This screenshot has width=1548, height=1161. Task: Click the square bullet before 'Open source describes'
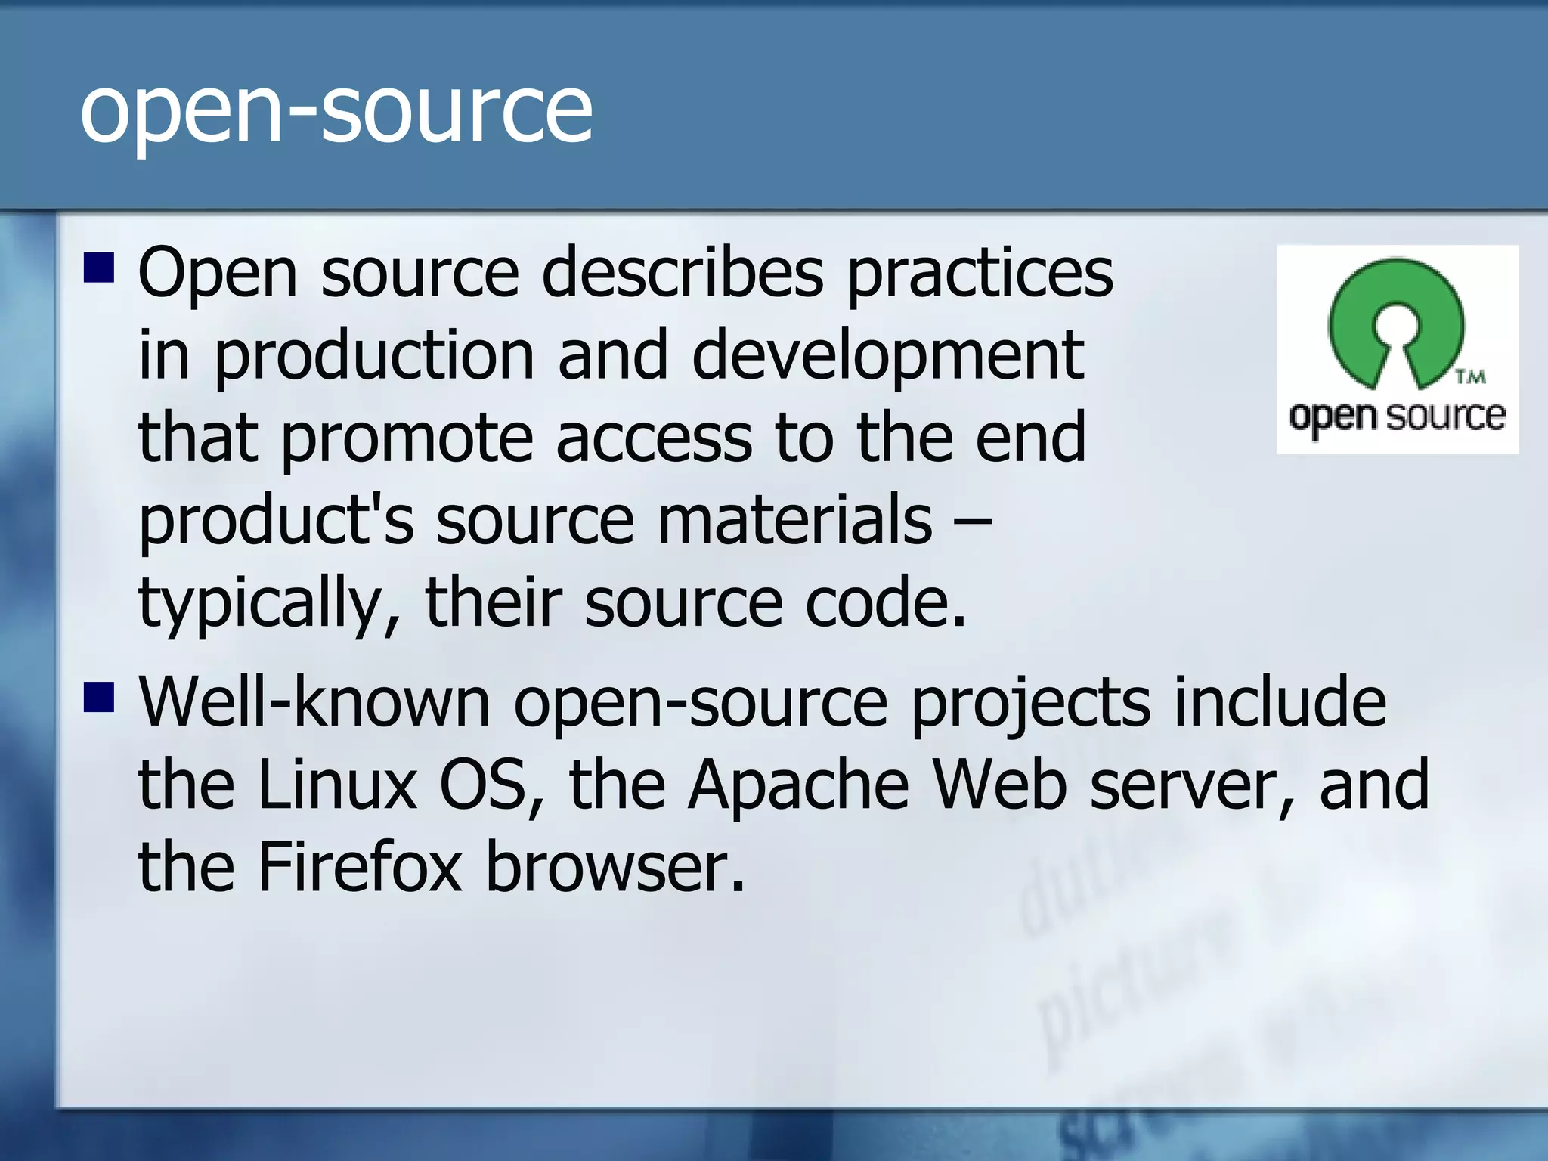(x=98, y=268)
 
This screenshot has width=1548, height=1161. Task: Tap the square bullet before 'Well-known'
(x=98, y=697)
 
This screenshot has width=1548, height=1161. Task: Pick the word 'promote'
(x=407, y=438)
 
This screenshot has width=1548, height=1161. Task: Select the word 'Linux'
(x=337, y=785)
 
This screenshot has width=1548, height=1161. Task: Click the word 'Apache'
(x=798, y=785)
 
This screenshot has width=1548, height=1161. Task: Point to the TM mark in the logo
(x=1470, y=376)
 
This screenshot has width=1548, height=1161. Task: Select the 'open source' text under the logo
(x=1397, y=416)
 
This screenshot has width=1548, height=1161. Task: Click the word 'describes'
(x=682, y=274)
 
